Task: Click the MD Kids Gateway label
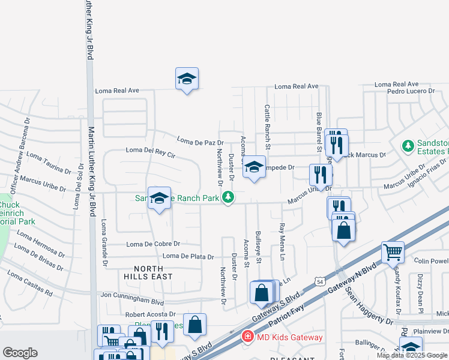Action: coord(289,337)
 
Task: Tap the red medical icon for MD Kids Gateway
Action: coord(247,337)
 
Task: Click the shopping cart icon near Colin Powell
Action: coord(393,252)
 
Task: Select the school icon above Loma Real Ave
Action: coord(187,79)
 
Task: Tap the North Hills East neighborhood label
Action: coord(148,272)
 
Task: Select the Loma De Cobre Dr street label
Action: coord(153,244)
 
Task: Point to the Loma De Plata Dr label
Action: coord(188,257)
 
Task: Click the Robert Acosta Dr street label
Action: coord(150,314)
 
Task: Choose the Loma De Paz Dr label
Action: coord(200,141)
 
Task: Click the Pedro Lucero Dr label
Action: coord(411,91)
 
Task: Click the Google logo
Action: coord(20,353)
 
